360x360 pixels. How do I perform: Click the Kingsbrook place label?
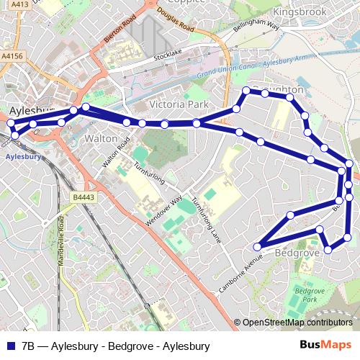(301, 13)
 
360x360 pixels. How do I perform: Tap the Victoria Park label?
(178, 105)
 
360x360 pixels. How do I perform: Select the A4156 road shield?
(12, 55)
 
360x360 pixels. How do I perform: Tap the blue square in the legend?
(9, 345)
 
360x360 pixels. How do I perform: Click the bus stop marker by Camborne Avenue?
(258, 248)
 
